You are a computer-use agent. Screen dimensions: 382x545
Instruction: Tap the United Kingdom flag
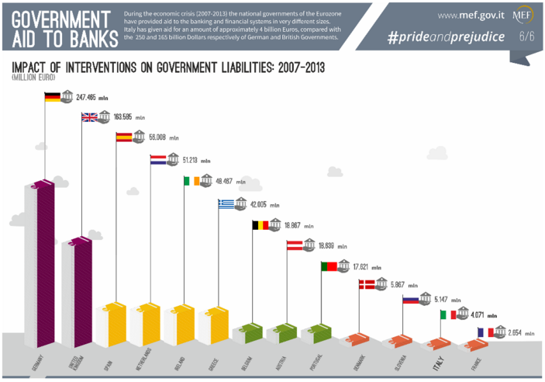click(90, 117)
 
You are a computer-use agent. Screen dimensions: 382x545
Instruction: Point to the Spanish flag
click(123, 137)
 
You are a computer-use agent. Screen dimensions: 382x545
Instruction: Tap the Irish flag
click(191, 181)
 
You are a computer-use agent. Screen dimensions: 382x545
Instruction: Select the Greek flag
click(226, 203)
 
